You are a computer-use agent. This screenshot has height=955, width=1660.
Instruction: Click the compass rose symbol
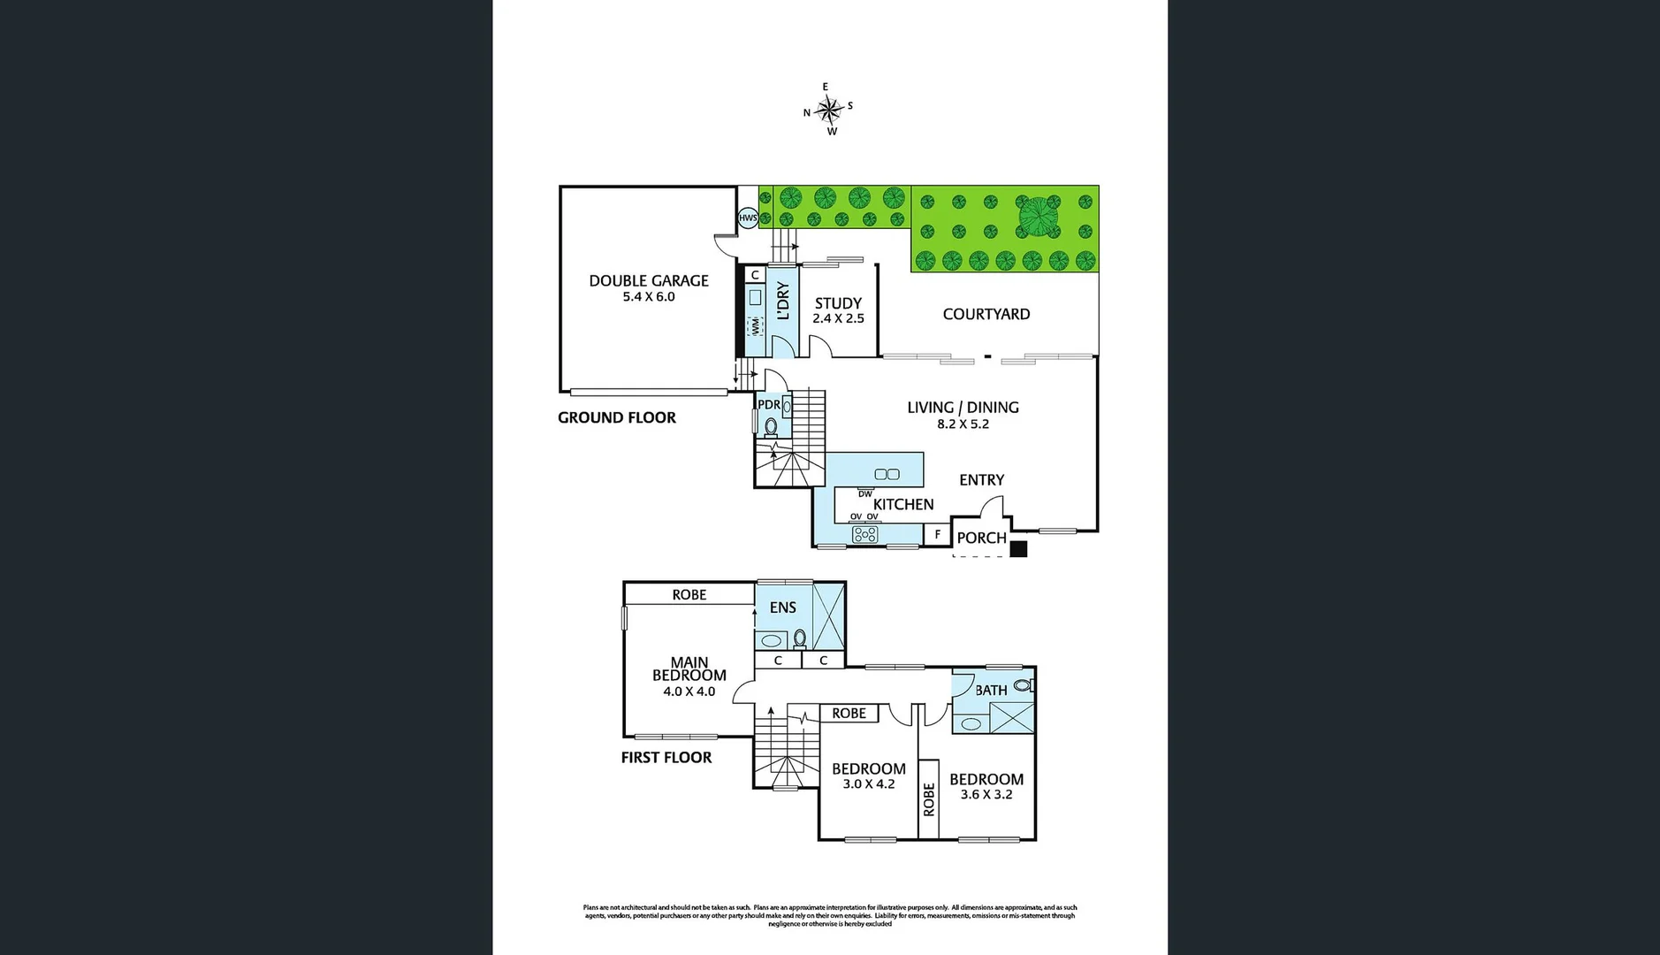point(829,110)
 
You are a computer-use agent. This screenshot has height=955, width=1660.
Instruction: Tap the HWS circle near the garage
point(748,218)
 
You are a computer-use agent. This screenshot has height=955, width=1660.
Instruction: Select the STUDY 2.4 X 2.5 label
point(838,310)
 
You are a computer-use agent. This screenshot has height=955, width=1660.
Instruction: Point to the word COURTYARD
point(986,314)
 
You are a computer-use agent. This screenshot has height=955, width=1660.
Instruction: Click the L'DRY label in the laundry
point(782,301)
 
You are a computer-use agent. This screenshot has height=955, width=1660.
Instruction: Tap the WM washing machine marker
point(756,325)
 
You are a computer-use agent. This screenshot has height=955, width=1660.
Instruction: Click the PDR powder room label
point(769,405)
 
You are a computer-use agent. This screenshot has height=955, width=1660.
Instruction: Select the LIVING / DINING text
point(963,408)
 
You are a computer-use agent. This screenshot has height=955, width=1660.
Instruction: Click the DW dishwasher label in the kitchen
point(864,493)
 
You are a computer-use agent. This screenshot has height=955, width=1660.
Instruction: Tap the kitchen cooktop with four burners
point(864,534)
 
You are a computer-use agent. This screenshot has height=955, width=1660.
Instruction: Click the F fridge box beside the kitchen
point(937,534)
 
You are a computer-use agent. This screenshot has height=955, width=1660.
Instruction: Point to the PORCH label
point(981,538)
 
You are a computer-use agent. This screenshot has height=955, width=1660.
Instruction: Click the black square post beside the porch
point(1018,548)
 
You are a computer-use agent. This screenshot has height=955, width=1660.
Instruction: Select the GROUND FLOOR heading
point(616,417)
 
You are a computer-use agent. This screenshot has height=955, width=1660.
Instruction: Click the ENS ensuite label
point(782,607)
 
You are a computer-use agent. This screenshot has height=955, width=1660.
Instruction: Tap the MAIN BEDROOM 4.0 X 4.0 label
point(689,676)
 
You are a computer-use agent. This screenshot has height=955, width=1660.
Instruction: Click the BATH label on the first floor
point(991,690)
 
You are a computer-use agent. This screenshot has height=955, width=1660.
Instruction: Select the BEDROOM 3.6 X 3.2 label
point(986,786)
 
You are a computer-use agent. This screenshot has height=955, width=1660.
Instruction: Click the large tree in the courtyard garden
point(1039,217)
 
